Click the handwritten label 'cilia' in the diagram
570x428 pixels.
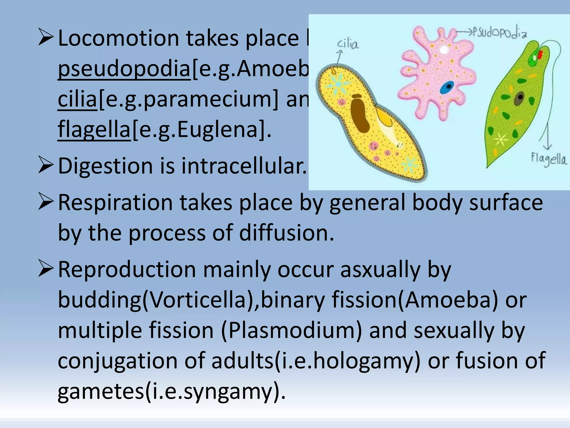pyautogui.click(x=348, y=44)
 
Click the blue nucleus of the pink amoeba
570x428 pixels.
pyautogui.click(x=447, y=87)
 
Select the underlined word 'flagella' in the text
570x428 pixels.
pyautogui.click(x=94, y=129)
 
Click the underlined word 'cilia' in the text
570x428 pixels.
pyautogui.click(x=77, y=99)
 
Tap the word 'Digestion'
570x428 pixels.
pyautogui.click(x=105, y=166)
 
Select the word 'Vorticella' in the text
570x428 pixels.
pyautogui.click(x=198, y=300)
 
